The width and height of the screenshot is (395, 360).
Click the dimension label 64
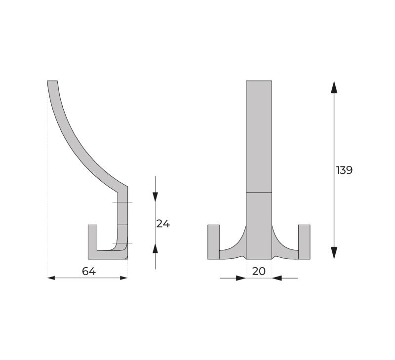[x=89, y=271]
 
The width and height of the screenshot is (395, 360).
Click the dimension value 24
[x=163, y=224]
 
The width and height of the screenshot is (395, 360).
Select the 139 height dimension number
[x=344, y=170]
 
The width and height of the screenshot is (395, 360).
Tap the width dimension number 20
[x=259, y=271]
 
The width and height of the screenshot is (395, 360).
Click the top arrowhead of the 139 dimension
[x=334, y=87]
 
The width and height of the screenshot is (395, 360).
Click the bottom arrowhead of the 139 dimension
[x=334, y=253]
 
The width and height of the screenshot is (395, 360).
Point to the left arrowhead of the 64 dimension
[x=51, y=278]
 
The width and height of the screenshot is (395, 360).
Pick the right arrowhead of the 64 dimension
[x=124, y=278]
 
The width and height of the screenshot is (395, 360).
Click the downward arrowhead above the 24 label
[x=155, y=197]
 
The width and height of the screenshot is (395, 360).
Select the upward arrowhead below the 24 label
[x=155, y=248]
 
